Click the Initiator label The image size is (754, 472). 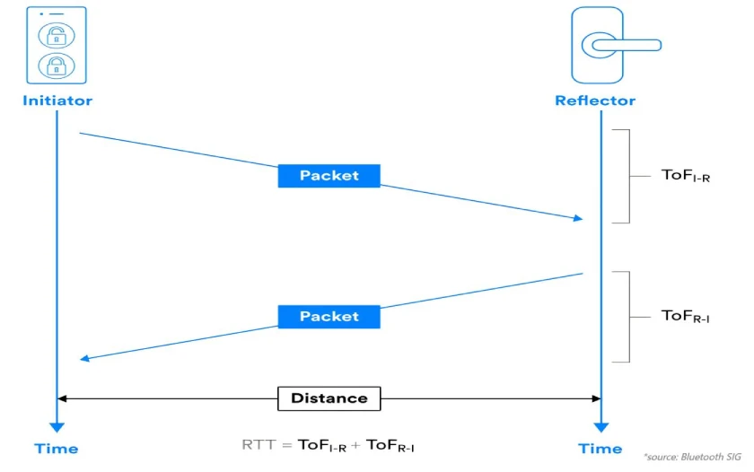(x=57, y=101)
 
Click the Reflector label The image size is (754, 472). (x=594, y=101)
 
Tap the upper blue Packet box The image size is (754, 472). (x=329, y=176)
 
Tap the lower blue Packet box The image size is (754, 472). (x=329, y=317)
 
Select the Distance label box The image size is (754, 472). (x=329, y=398)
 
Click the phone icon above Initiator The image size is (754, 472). (x=57, y=45)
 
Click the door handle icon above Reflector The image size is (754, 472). (x=600, y=45)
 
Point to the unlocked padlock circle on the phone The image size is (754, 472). (x=57, y=35)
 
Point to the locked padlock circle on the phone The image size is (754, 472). (x=57, y=66)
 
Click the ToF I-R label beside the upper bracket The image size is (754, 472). (x=686, y=176)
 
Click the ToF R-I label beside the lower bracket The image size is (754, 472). (x=686, y=316)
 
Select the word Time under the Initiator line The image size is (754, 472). (x=57, y=449)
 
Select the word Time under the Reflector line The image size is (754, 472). (x=600, y=449)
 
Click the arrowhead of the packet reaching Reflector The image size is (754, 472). (x=577, y=218)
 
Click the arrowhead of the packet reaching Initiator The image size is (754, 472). (x=84, y=358)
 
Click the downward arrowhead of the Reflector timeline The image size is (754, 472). (x=601, y=427)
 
